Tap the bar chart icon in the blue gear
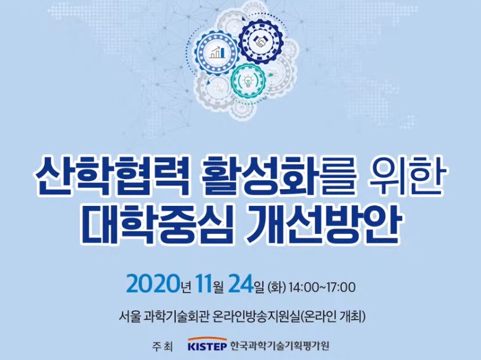[217, 52]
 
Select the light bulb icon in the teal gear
[247, 80]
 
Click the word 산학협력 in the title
[111, 177]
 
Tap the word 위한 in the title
[406, 177]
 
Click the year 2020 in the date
[152, 284]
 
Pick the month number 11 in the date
[203, 284]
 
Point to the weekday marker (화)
[277, 287]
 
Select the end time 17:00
[341, 288]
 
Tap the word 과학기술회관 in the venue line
[175, 317]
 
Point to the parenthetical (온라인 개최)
[333, 317]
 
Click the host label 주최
[162, 347]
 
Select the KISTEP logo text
[207, 346]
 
